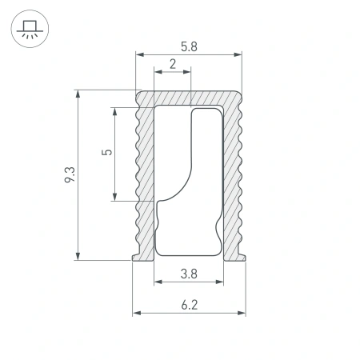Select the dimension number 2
[173, 64]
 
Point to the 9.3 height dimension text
[70, 174]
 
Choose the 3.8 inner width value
[189, 274]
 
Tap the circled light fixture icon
[29, 30]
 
